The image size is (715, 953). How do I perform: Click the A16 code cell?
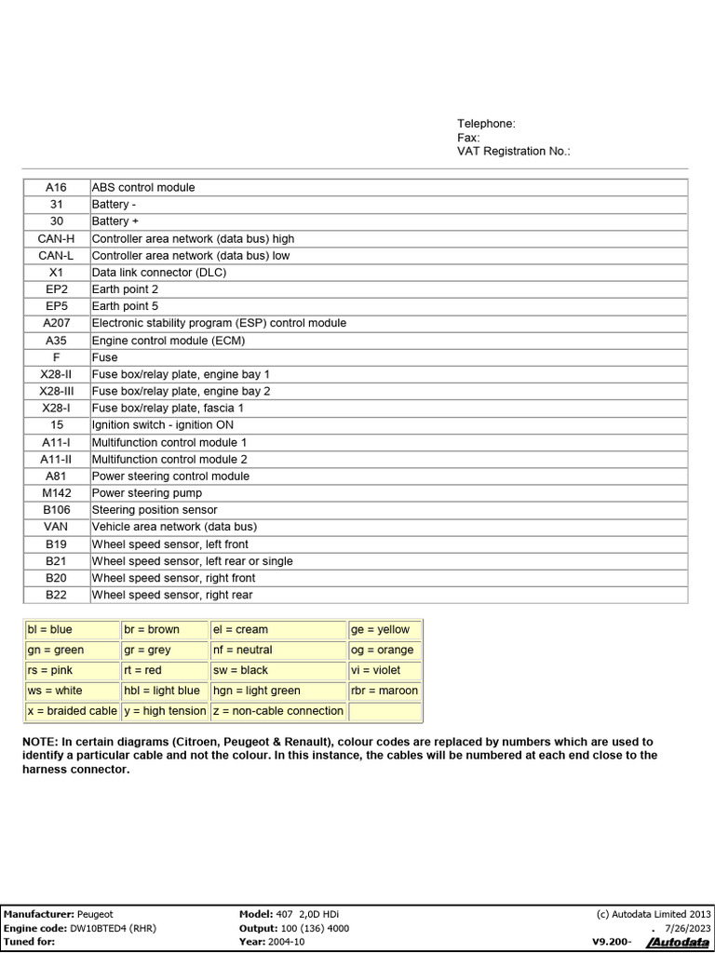click(x=56, y=187)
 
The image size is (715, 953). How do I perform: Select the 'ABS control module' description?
click(x=143, y=187)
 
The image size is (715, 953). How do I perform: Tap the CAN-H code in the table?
click(x=56, y=238)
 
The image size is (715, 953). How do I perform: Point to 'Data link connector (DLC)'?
click(x=158, y=273)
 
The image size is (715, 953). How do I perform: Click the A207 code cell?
click(x=56, y=323)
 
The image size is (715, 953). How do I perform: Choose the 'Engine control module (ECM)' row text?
click(x=168, y=341)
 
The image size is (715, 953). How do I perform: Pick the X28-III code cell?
click(x=56, y=391)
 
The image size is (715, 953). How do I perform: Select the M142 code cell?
click(x=56, y=493)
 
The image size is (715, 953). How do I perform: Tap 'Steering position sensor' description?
click(x=155, y=510)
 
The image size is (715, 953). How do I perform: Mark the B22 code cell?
click(x=56, y=595)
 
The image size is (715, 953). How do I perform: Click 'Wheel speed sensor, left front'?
click(x=169, y=544)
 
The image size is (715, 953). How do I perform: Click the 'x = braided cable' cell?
click(x=72, y=711)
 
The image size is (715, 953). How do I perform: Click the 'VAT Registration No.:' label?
click(x=513, y=151)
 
